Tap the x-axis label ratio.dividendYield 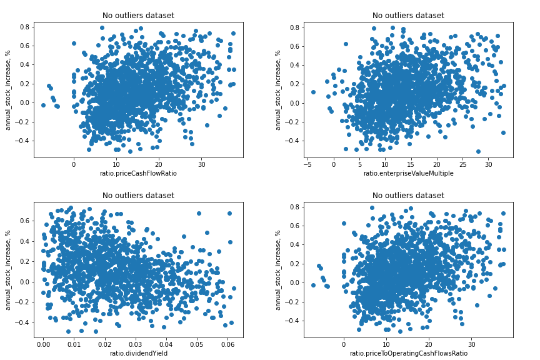point(138,353)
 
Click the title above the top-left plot point(138,16)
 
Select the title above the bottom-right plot point(408,196)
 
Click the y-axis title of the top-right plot point(279,90)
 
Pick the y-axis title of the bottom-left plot point(9,270)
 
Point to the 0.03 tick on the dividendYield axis point(135,344)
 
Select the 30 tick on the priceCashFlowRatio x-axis point(201,164)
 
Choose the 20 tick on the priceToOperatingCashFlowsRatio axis point(429,344)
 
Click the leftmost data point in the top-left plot point(43,105)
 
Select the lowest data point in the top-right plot point(478,151)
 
